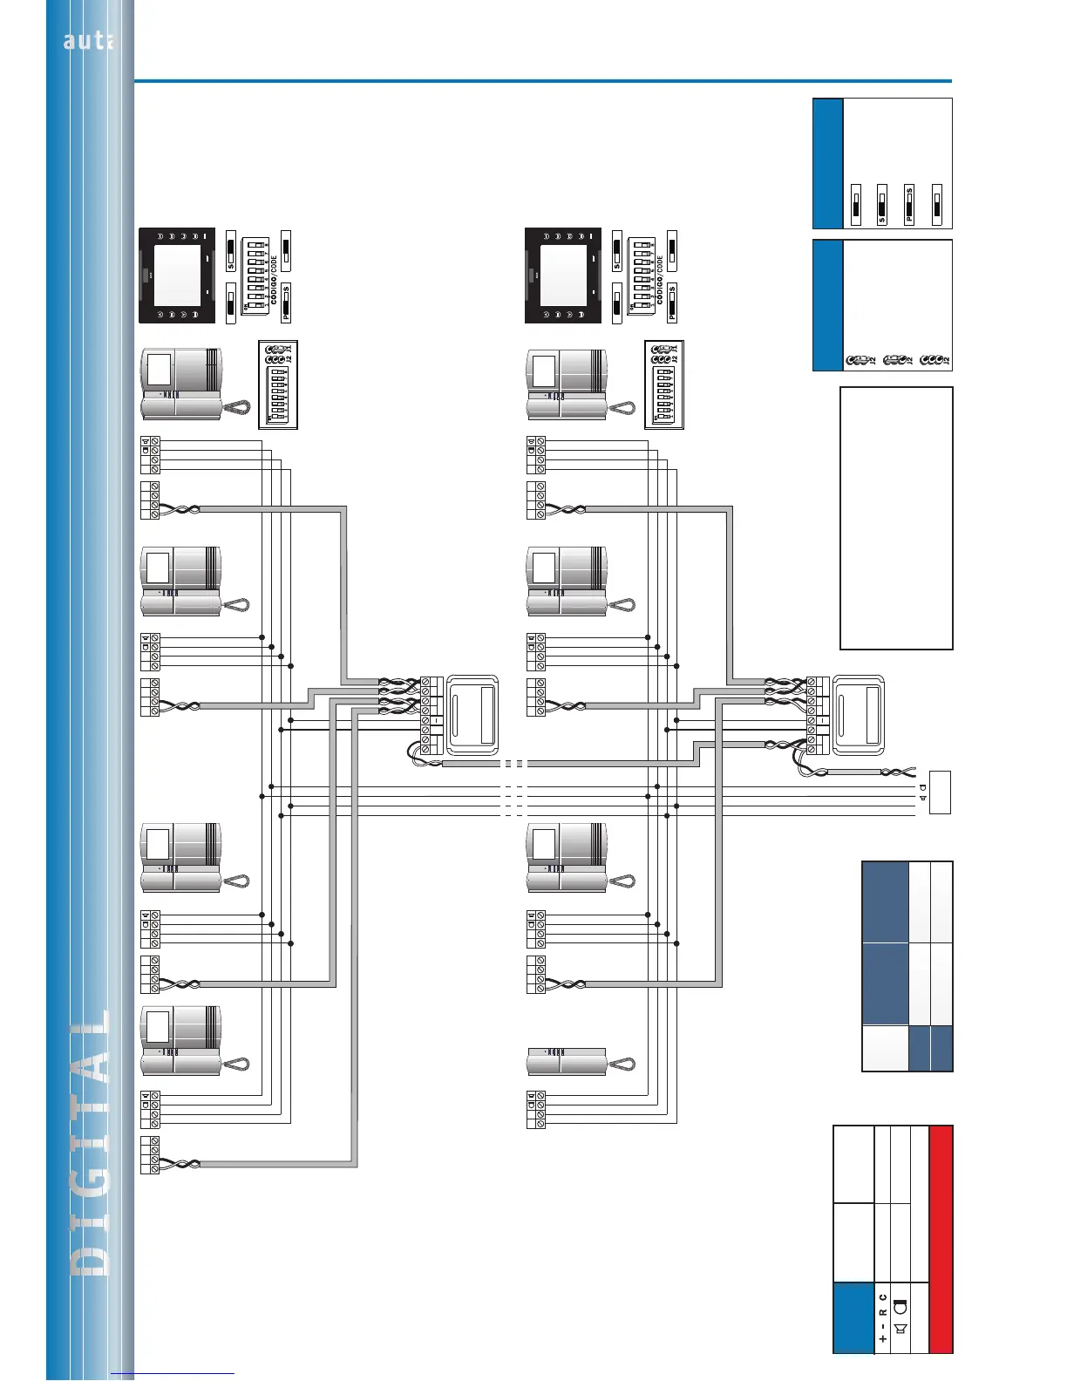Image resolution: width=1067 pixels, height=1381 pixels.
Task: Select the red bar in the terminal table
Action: click(x=941, y=1239)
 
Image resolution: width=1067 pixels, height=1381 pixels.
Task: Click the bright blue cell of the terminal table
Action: click(x=853, y=1317)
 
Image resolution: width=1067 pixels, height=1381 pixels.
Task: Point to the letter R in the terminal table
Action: click(x=882, y=1311)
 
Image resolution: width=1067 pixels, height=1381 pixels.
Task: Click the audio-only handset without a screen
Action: click(x=567, y=1061)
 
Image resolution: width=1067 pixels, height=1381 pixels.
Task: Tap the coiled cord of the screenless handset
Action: click(x=622, y=1065)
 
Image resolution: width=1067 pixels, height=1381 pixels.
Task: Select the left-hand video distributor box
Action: click(x=472, y=715)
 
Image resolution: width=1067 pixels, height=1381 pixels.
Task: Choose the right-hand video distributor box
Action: click(x=859, y=715)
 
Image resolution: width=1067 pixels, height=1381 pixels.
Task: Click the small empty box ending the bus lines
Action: click(x=940, y=793)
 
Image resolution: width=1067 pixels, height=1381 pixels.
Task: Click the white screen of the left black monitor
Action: click(x=178, y=275)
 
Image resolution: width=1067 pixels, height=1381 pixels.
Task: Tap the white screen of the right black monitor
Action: click(x=563, y=275)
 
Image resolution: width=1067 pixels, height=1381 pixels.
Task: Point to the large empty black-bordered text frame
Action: click(x=896, y=518)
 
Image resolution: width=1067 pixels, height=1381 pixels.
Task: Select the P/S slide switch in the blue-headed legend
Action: click(x=909, y=205)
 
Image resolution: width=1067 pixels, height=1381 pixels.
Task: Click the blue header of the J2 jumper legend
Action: click(x=828, y=305)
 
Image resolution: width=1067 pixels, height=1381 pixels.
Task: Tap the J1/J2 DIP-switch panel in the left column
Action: click(x=278, y=384)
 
